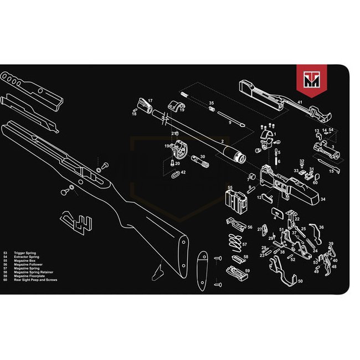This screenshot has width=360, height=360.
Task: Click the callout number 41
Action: point(299,102)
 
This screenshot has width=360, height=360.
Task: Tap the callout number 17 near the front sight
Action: point(150,100)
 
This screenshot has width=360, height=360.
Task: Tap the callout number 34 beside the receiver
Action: point(323,199)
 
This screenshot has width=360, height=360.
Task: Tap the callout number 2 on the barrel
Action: point(223,142)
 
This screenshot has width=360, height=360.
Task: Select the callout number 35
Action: point(211,103)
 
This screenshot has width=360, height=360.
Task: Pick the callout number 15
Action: point(332,171)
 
